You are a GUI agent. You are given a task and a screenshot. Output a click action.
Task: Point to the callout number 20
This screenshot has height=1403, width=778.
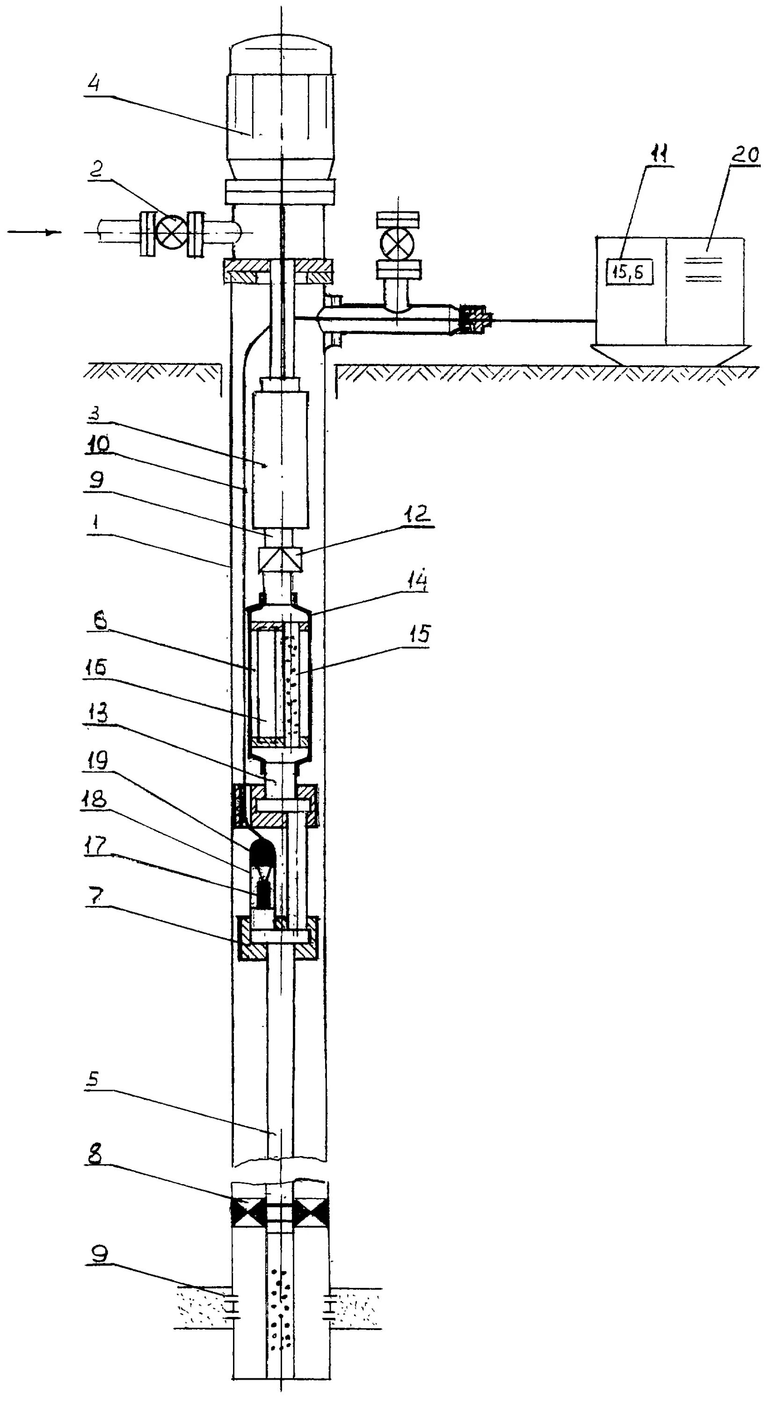[x=744, y=155]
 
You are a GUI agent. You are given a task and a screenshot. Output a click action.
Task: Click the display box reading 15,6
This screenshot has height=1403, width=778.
[x=629, y=271]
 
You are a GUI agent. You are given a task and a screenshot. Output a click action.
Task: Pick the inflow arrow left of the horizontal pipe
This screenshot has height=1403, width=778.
[x=34, y=232]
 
